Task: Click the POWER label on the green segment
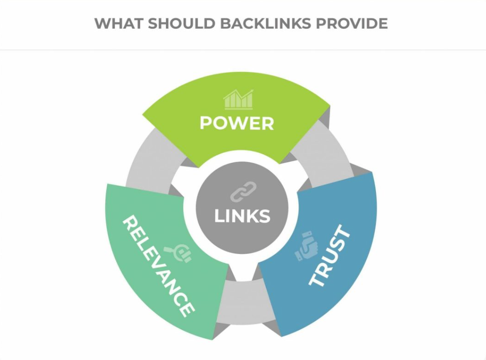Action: (x=237, y=124)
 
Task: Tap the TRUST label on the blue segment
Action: (x=330, y=255)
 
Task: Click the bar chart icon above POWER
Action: (x=238, y=100)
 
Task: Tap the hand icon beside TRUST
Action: (x=306, y=246)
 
